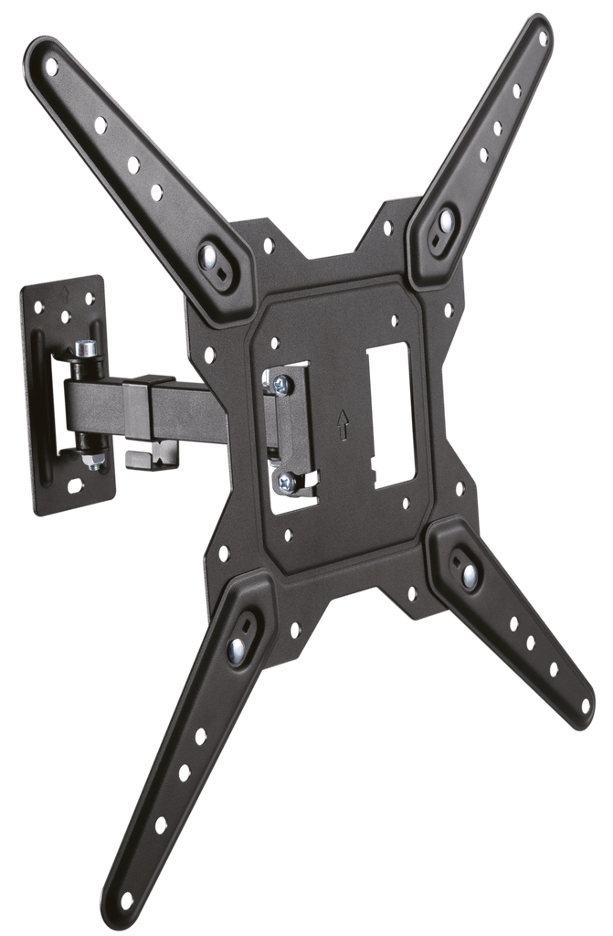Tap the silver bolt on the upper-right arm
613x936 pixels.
click(446, 221)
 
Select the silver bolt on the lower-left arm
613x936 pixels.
click(237, 648)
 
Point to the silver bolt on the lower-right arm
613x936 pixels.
click(469, 574)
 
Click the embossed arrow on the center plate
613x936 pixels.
click(343, 423)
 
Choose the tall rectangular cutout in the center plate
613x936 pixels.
click(392, 414)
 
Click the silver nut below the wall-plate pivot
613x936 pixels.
click(92, 462)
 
